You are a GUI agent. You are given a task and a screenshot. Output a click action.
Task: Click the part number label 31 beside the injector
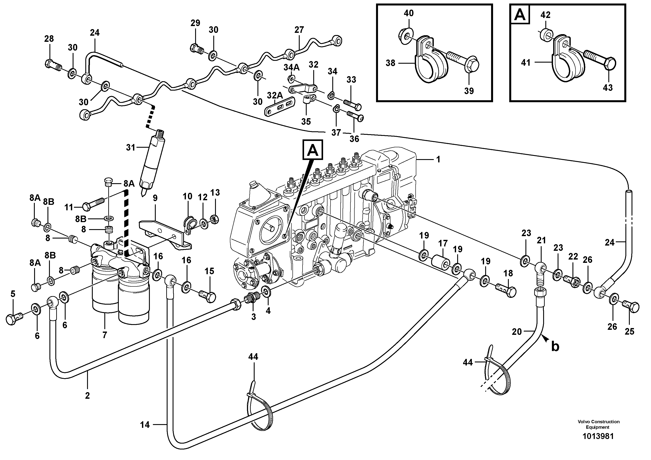[x=130, y=148]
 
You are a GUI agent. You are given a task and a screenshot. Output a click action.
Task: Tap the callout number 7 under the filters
[x=105, y=335]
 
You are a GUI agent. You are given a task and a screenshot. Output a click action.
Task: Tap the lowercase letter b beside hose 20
[x=555, y=347]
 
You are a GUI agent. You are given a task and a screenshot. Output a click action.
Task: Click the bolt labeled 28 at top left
[x=52, y=64]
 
